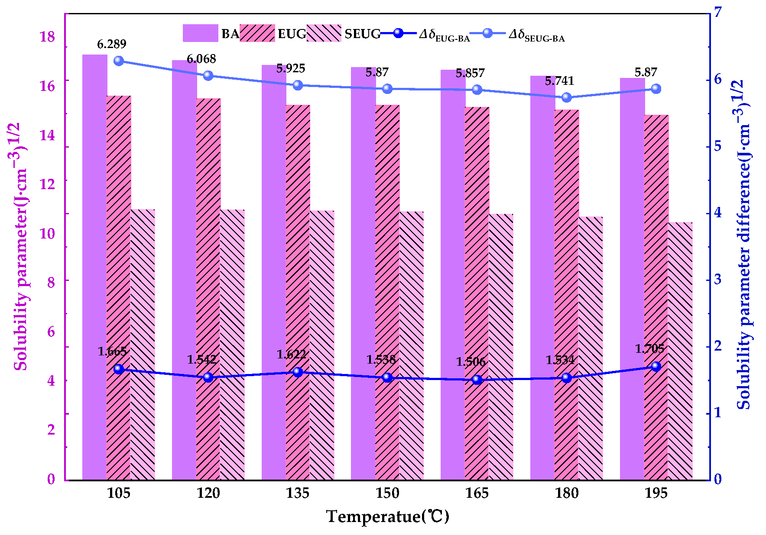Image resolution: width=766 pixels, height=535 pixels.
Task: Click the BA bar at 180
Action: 542,277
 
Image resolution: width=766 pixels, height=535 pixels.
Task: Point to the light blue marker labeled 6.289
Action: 119,61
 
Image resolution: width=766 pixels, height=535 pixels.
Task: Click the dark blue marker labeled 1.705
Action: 656,367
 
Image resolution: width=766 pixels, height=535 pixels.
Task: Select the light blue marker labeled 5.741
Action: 566,97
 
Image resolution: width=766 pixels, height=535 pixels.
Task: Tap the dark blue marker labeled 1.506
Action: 477,380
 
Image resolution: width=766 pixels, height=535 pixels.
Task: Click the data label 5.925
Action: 291,68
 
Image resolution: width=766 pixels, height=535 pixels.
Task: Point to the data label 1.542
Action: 201,359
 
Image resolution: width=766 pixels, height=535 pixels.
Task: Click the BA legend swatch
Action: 200,33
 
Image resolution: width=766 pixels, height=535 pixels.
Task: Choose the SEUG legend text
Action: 362,34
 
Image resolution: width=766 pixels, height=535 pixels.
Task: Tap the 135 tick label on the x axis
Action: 298,493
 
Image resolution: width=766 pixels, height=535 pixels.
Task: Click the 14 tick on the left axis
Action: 47,135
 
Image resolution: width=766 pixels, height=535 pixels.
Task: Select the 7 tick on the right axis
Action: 718,12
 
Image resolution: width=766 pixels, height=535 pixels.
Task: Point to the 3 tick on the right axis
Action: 718,279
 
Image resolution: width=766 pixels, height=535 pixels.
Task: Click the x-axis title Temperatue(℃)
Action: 387,516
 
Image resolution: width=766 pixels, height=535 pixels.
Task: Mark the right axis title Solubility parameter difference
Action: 744,245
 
